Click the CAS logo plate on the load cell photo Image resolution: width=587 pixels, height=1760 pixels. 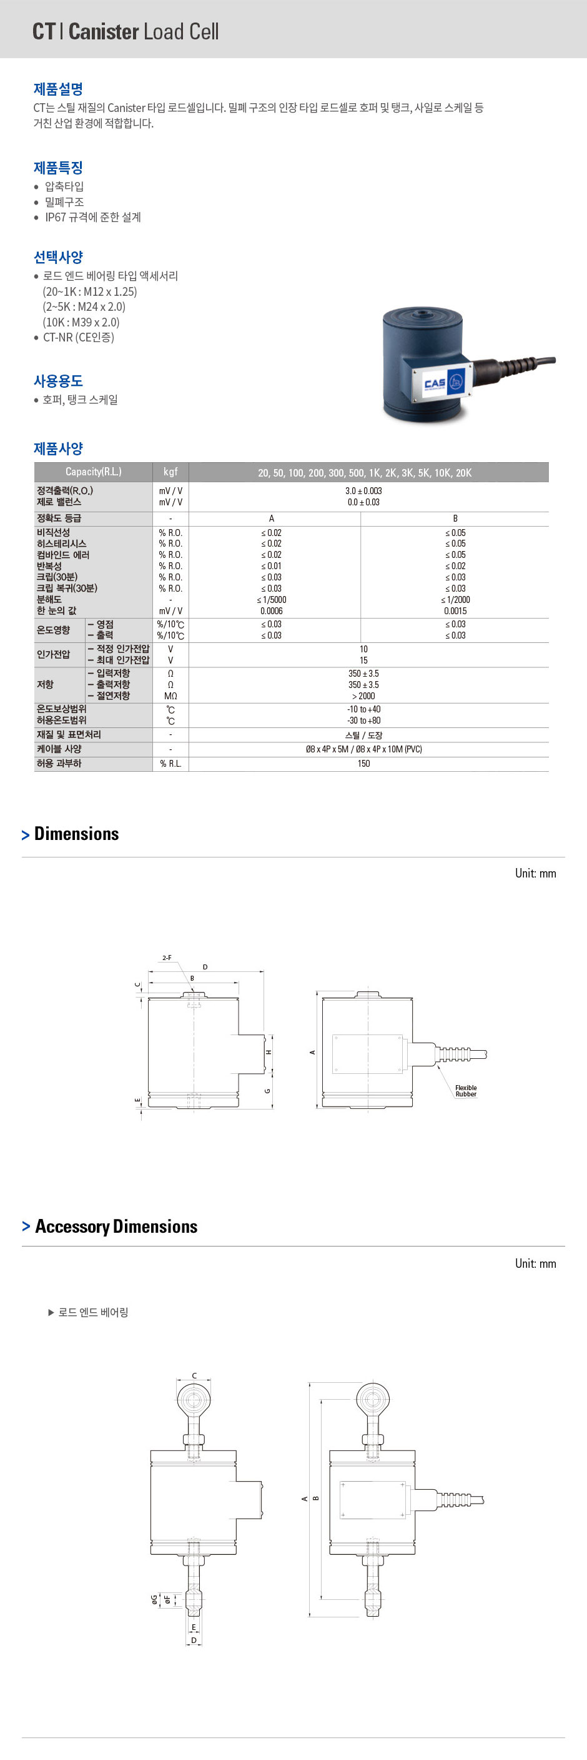click(x=438, y=383)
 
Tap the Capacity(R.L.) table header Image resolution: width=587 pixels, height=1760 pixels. click(x=94, y=472)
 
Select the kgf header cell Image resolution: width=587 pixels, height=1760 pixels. click(x=170, y=472)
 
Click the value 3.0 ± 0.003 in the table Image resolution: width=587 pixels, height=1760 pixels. click(x=363, y=490)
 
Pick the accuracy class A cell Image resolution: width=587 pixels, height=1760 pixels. click(x=272, y=518)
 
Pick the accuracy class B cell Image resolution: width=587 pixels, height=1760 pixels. click(x=455, y=518)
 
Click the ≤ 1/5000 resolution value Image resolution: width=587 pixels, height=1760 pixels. click(x=272, y=600)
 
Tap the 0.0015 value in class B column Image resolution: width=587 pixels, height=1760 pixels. click(x=455, y=611)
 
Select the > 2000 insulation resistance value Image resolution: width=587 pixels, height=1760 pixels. click(x=363, y=695)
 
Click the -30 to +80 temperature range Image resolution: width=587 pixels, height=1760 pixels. click(x=363, y=720)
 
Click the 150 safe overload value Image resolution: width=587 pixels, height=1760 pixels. click(x=363, y=763)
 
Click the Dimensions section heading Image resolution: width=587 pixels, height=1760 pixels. click(x=76, y=834)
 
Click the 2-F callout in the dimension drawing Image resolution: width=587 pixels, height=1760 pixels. click(x=167, y=958)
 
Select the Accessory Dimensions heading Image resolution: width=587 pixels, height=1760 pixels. click(x=116, y=1226)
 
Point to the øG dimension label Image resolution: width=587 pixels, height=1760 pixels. click(x=154, y=1599)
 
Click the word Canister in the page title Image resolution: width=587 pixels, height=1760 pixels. click(x=104, y=31)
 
